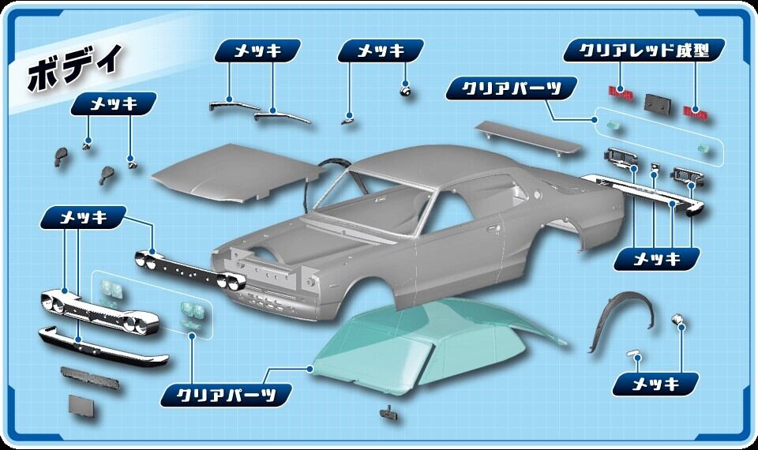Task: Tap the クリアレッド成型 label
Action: pos(644,51)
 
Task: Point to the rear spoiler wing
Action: pos(529,136)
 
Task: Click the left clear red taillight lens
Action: pos(621,92)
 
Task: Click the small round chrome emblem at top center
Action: pos(406,90)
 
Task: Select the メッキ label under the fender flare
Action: pos(656,384)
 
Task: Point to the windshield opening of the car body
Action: pos(371,201)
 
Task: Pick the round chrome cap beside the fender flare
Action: pos(677,320)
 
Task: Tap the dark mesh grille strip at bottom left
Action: pos(89,377)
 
